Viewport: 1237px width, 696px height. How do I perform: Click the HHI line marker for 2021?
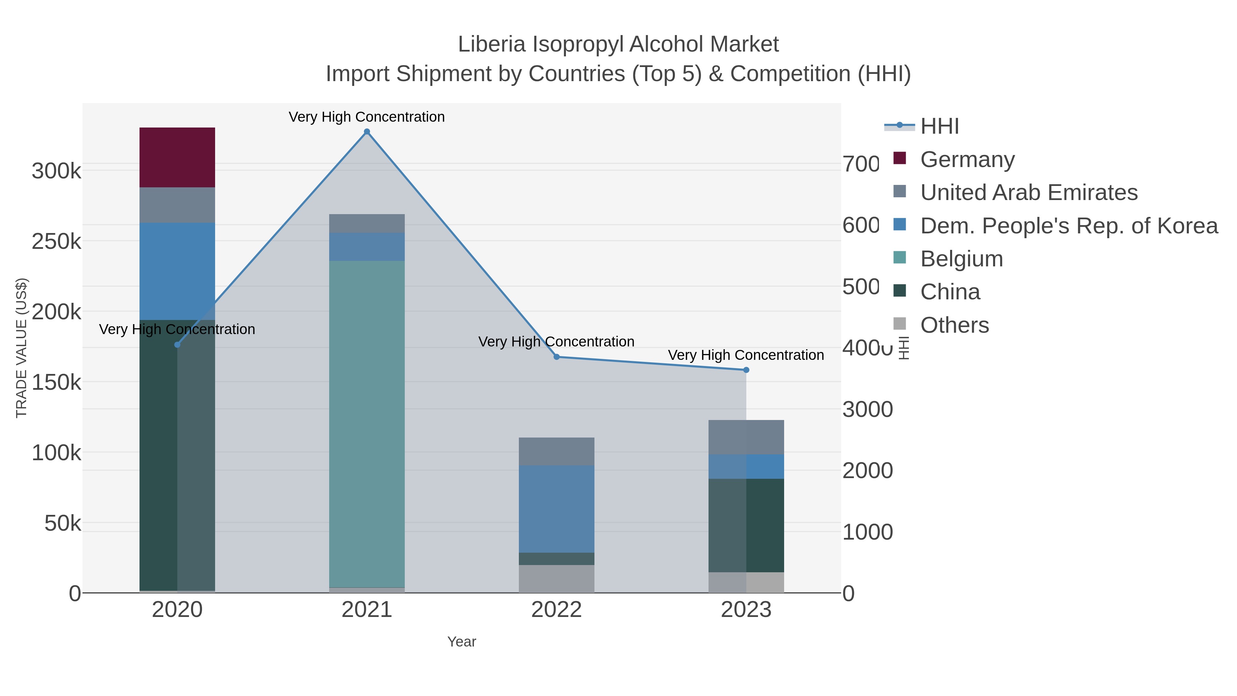click(x=367, y=132)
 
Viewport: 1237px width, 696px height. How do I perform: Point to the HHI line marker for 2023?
click(x=746, y=370)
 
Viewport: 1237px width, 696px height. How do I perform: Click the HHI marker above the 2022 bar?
click(x=557, y=357)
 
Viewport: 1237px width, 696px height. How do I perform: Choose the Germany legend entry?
click(x=967, y=159)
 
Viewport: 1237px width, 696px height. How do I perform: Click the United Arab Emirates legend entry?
click(x=1028, y=192)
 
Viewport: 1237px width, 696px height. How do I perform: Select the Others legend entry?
click(x=954, y=325)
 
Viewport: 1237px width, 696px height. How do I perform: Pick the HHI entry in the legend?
click(x=939, y=126)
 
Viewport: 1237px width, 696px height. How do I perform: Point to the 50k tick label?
click(x=63, y=523)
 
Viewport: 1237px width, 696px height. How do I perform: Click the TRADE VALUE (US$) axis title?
click(x=22, y=348)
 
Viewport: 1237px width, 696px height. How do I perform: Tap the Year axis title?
click(x=461, y=642)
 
